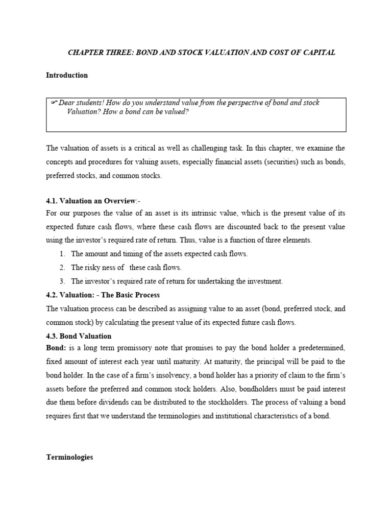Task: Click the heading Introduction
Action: [67, 75]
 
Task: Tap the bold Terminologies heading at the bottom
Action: [69, 457]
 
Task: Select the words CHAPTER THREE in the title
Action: [93, 53]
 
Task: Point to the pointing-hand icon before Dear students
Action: [54, 103]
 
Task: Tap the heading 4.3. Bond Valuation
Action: [79, 336]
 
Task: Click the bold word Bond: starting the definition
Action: [56, 348]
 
